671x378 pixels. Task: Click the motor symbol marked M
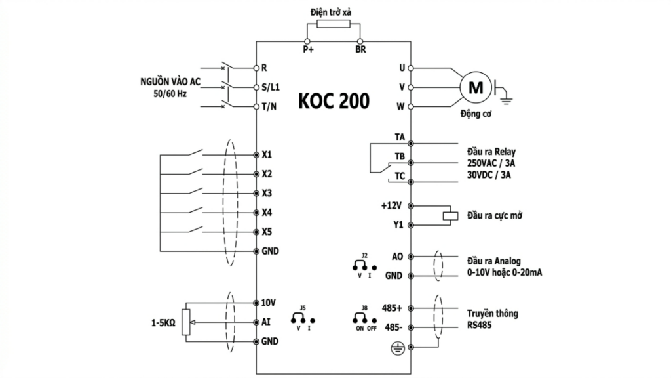(478, 87)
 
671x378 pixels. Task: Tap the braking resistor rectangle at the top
(334, 24)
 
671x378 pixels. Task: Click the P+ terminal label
(308, 49)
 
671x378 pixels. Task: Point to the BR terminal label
(360, 49)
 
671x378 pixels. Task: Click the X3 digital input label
(267, 194)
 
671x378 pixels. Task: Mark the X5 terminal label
(267, 232)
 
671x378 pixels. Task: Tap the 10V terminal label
(269, 303)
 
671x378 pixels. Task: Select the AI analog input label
(265, 322)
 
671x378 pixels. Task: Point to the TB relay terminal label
(399, 156)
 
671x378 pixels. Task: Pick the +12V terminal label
(391, 205)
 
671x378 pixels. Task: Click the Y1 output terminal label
(398, 225)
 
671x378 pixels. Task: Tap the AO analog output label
(397, 257)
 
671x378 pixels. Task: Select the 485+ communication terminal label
(392, 308)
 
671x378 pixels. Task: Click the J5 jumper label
(302, 307)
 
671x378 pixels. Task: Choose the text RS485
(479, 325)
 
